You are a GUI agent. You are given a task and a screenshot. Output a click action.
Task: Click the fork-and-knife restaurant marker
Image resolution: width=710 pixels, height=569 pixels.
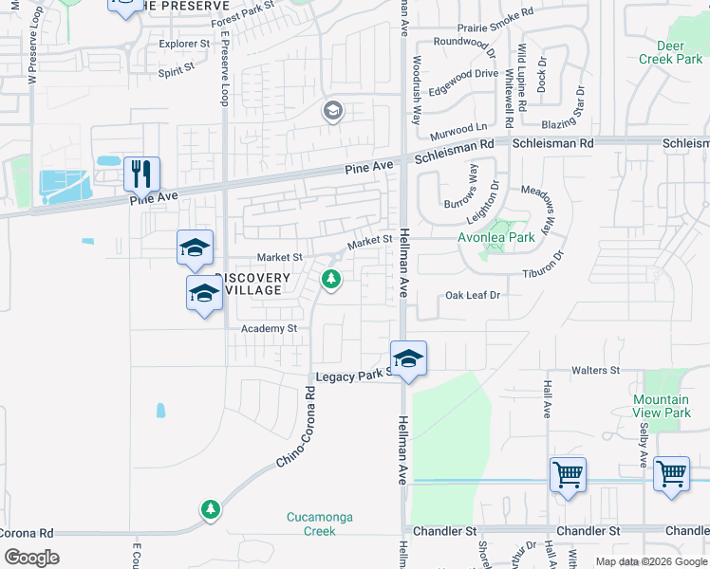click(x=141, y=174)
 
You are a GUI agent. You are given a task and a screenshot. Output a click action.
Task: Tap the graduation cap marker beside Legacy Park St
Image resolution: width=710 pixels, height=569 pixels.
click(x=408, y=359)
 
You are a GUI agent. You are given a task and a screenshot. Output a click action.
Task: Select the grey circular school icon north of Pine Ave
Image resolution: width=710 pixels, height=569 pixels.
click(x=332, y=112)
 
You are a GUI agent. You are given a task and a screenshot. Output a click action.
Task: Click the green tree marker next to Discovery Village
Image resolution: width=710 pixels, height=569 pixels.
click(x=331, y=280)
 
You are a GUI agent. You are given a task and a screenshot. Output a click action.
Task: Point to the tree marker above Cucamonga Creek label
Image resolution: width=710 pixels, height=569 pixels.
click(x=210, y=510)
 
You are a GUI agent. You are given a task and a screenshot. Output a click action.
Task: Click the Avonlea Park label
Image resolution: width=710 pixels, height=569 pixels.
click(x=497, y=237)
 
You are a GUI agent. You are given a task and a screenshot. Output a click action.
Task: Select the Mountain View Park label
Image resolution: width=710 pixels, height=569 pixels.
click(x=662, y=407)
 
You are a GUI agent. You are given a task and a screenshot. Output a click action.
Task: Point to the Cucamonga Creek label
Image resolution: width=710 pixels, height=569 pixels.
click(x=312, y=523)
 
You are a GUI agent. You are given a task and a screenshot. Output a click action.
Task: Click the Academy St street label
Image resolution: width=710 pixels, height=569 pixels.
click(x=269, y=328)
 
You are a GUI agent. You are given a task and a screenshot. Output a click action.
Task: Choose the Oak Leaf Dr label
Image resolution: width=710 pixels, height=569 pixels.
click(x=472, y=296)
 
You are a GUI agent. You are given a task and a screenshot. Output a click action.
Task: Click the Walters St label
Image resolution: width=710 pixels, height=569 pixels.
click(x=594, y=370)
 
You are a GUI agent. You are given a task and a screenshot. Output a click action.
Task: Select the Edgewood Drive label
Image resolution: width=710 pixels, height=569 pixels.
click(x=463, y=73)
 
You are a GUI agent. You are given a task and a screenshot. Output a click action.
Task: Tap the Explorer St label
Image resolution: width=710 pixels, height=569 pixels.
click(x=184, y=44)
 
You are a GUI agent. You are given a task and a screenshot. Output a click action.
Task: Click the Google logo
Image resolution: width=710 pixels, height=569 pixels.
click(x=31, y=558)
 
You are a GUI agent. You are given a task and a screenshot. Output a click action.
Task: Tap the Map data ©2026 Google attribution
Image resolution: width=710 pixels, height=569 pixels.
click(x=651, y=561)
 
